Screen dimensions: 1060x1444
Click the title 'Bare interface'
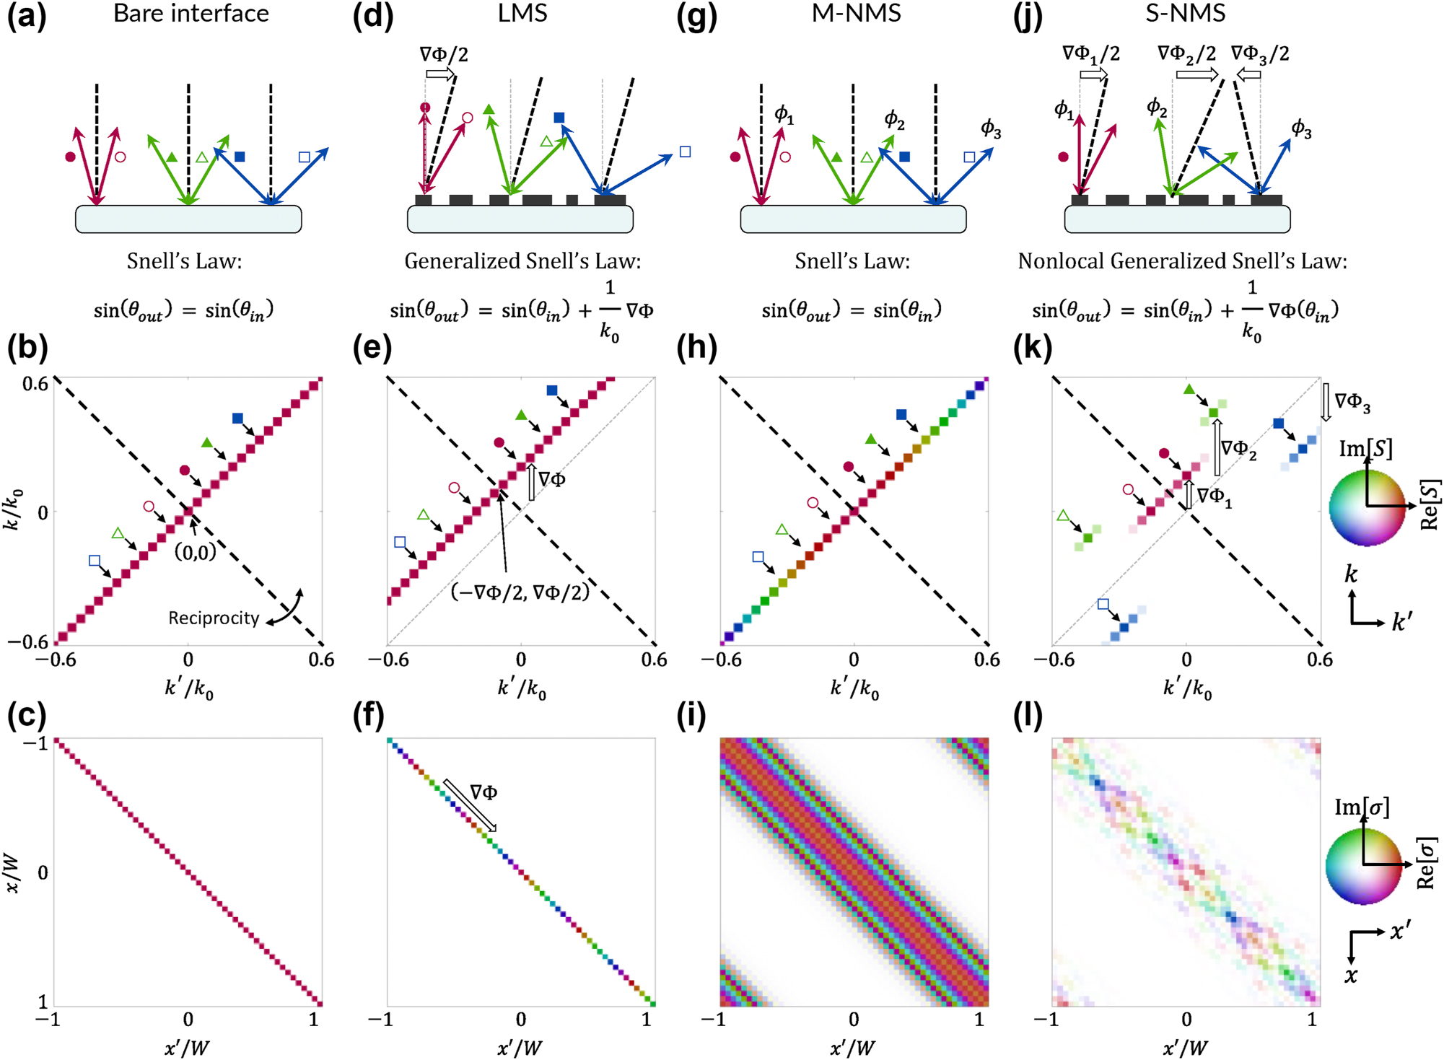tap(191, 14)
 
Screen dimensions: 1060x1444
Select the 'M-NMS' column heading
tap(856, 14)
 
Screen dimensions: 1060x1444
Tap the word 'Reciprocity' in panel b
tap(214, 618)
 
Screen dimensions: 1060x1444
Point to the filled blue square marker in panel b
tap(237, 419)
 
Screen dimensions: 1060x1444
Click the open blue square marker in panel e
tap(401, 543)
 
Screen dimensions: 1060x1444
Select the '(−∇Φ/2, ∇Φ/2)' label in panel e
tap(520, 592)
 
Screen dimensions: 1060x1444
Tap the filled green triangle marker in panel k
tap(1189, 390)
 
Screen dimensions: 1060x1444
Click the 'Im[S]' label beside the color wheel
tap(1365, 449)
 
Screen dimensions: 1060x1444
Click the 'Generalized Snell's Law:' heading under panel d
tap(522, 260)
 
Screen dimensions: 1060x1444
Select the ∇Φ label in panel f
tap(483, 792)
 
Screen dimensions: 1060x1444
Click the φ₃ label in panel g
tap(991, 129)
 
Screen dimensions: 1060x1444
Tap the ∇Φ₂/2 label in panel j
tap(1186, 53)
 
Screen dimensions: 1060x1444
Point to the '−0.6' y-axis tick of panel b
tap(27, 641)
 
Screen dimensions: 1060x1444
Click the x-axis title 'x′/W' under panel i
tap(852, 1047)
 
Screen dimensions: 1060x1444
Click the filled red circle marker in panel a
tap(70, 157)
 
